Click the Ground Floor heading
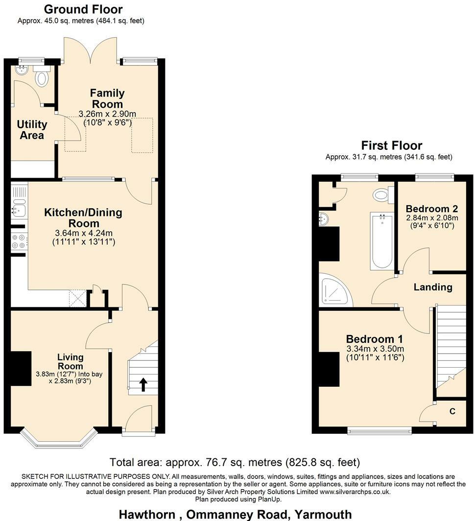(x=83, y=9)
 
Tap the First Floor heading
(x=391, y=145)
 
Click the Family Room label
(x=107, y=98)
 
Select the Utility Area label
(x=32, y=130)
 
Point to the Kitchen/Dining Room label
(x=83, y=218)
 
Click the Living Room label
(x=71, y=361)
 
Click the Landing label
(x=432, y=287)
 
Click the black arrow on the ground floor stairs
(x=143, y=384)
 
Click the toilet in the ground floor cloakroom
(x=42, y=77)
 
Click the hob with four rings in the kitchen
(x=20, y=241)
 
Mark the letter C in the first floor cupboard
(x=452, y=411)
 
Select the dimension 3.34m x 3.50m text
(x=375, y=349)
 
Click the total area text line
(x=235, y=462)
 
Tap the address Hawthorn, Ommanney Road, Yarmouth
(x=236, y=514)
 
